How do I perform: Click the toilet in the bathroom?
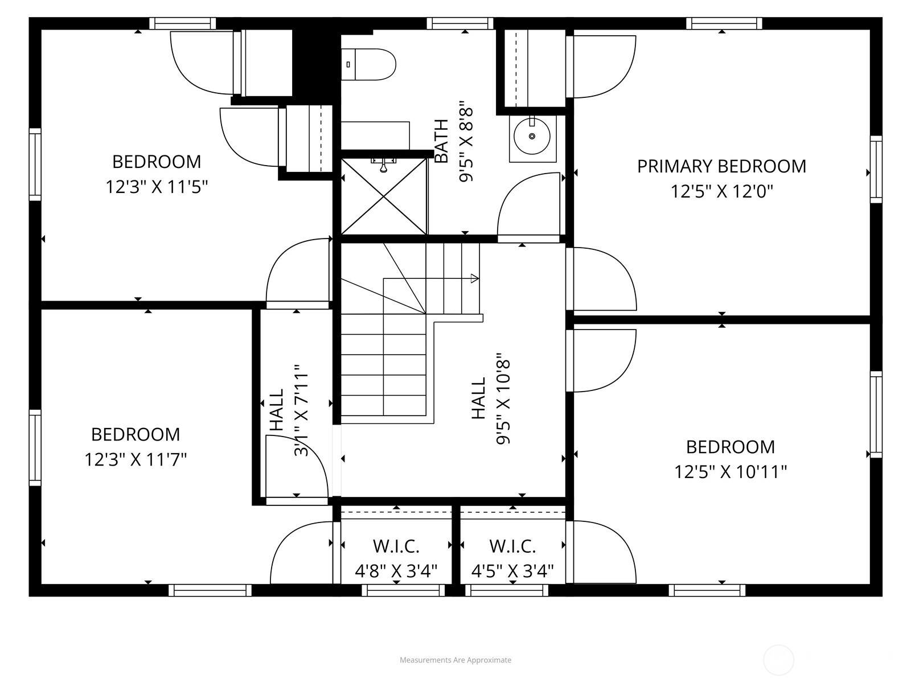tap(368, 64)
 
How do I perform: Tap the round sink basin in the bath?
tap(532, 136)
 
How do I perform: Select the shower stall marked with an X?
tap(384, 196)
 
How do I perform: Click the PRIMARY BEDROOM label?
tap(722, 166)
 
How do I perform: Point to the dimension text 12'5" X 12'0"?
tap(722, 192)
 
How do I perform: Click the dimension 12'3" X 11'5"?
tap(157, 187)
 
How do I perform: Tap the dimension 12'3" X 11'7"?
tap(136, 459)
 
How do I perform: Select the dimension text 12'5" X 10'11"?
tap(731, 472)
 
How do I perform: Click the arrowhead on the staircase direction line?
tap(475, 279)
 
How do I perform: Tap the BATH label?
tap(442, 141)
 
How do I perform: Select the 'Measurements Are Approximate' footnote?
tap(455, 660)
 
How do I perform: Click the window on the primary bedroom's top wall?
tap(724, 23)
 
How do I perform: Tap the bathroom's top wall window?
tap(460, 23)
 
